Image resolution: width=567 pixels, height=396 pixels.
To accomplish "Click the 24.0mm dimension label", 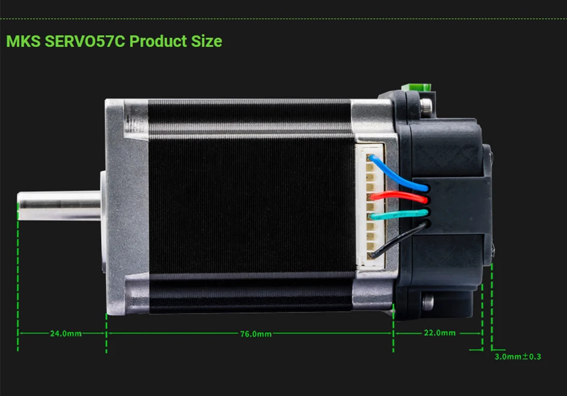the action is coord(66,333).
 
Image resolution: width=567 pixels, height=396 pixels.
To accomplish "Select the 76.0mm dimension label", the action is coord(256,334).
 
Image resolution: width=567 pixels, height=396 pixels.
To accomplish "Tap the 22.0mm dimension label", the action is coord(440,333).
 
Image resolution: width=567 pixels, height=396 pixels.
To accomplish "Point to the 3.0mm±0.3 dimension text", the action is coord(518,357).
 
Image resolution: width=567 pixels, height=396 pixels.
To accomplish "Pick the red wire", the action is coord(398,196).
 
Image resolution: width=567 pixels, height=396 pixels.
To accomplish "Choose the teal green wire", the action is coord(398,214).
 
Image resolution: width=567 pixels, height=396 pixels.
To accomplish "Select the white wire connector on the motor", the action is coord(370,206).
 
